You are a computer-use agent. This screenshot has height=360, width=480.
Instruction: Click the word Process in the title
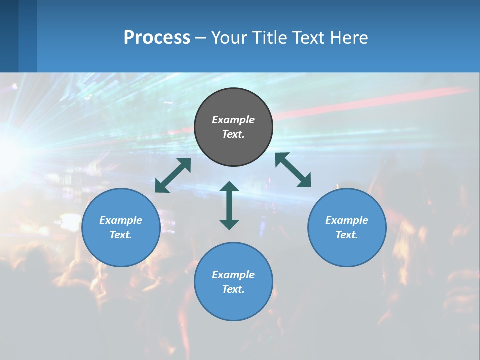pyautogui.click(x=157, y=38)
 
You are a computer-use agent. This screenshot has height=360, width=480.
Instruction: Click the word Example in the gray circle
pyautogui.click(x=233, y=120)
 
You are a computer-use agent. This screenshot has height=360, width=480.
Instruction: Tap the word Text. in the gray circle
pyautogui.click(x=233, y=134)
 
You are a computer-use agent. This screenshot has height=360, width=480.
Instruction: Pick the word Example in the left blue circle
pyautogui.click(x=121, y=220)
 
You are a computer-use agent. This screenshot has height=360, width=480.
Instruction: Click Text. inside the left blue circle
pyautogui.click(x=121, y=235)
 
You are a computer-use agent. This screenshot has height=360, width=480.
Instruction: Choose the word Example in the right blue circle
pyautogui.click(x=347, y=220)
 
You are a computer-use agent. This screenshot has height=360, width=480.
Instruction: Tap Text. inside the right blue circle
pyautogui.click(x=347, y=235)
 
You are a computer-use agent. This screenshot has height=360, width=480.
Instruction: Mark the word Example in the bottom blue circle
pyautogui.click(x=233, y=275)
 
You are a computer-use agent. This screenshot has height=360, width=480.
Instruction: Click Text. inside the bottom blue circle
pyautogui.click(x=233, y=289)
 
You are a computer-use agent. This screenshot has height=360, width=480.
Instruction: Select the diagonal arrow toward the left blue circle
pyautogui.click(x=173, y=175)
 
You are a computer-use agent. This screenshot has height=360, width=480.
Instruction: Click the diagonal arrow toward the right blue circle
pyautogui.click(x=293, y=170)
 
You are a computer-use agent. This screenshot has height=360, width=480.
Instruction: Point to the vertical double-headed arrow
pyautogui.click(x=229, y=205)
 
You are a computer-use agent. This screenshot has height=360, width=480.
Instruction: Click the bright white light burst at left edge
pyautogui.click(x=7, y=150)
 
